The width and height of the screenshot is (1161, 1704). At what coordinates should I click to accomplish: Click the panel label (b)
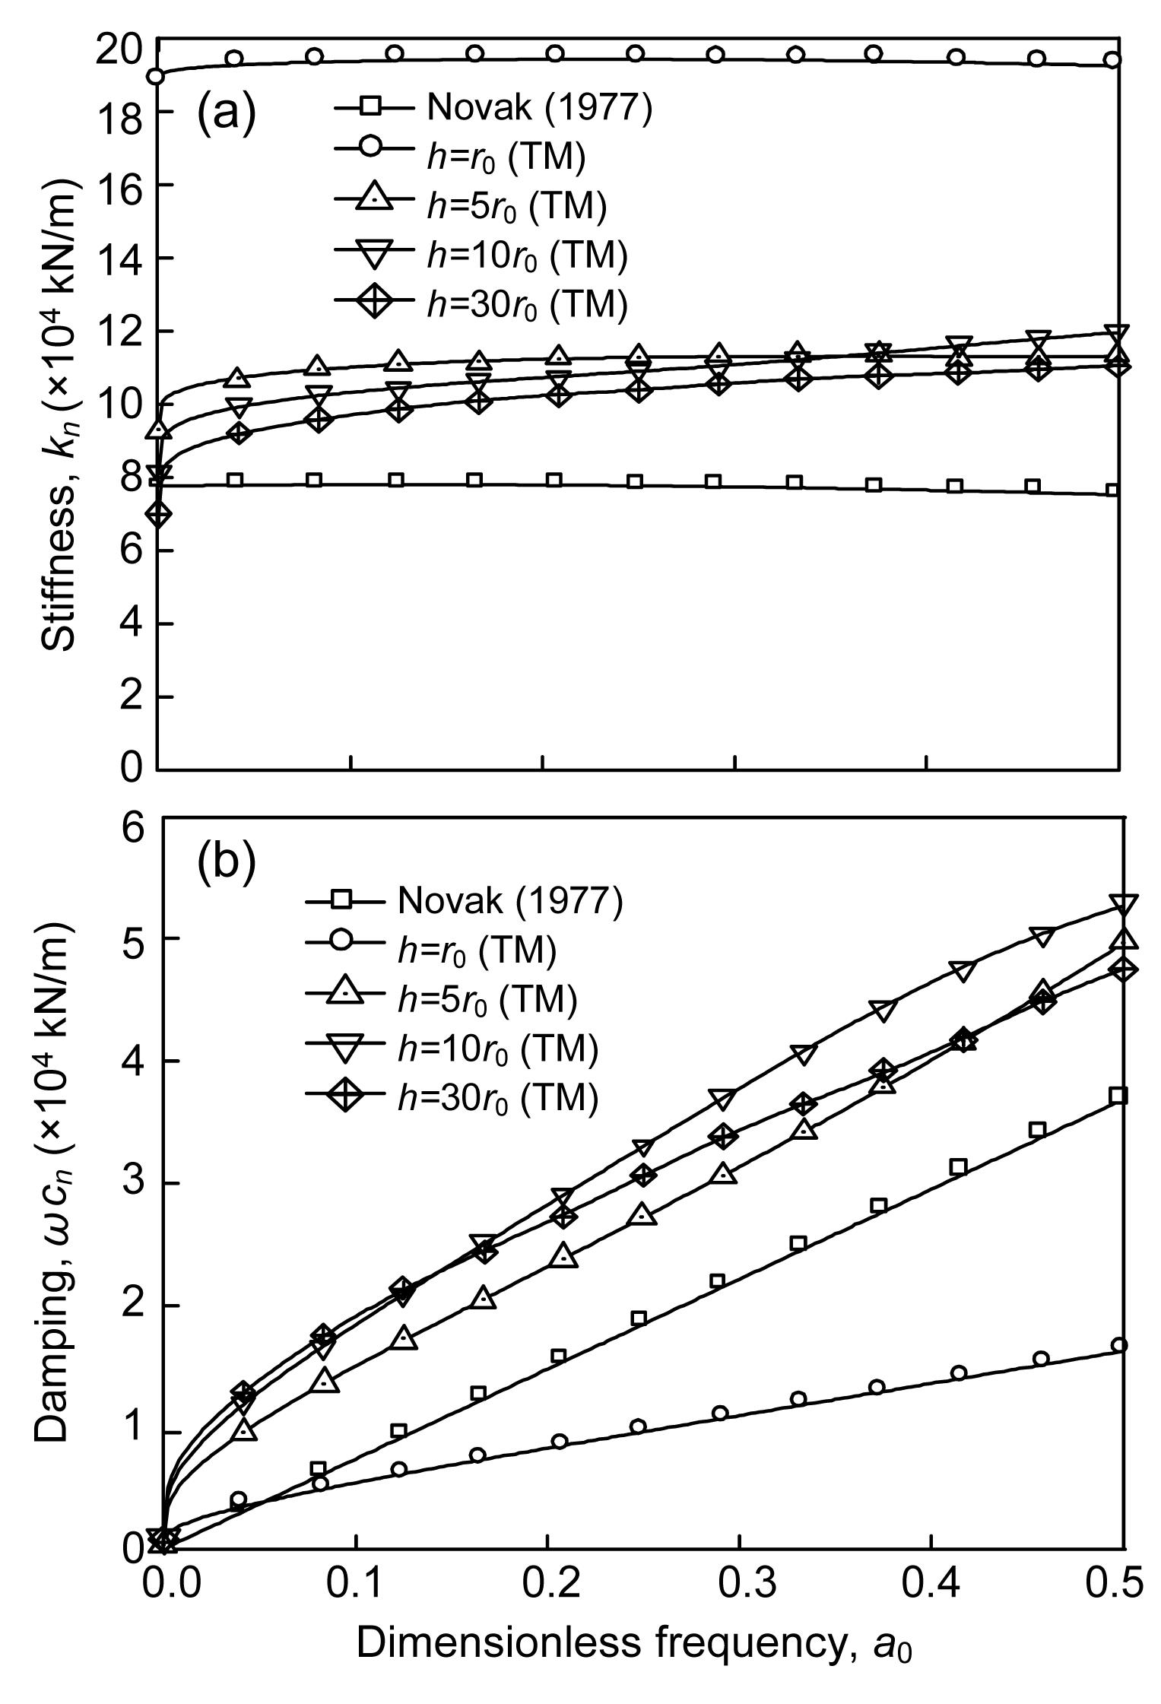226,863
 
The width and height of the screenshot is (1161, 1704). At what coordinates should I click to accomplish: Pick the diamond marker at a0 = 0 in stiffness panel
158,514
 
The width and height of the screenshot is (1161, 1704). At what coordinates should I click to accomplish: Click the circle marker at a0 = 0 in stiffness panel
156,76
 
